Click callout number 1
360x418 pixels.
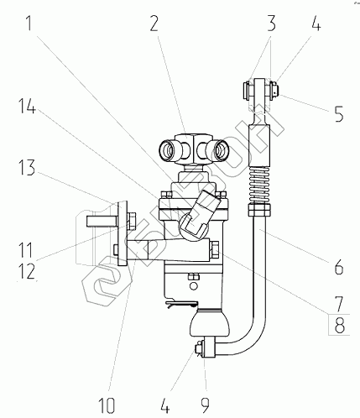[x=29, y=24]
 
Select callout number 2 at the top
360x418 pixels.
[x=154, y=24]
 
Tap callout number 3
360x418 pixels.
[x=271, y=24]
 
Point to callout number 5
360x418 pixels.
[x=339, y=113]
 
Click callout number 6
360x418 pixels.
[x=339, y=267]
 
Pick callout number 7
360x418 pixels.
[x=339, y=304]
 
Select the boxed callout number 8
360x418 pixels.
[x=339, y=325]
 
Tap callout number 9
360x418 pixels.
[x=206, y=405]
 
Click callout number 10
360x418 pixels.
[x=107, y=405]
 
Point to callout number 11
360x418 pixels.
[x=26, y=250]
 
